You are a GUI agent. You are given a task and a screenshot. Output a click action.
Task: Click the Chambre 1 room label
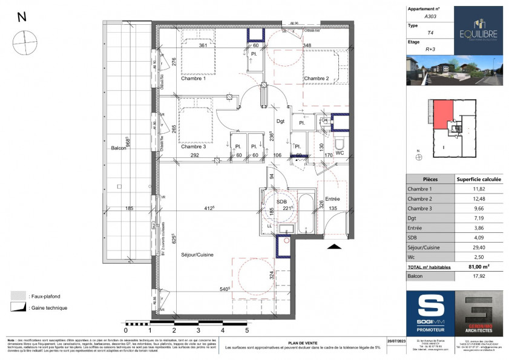[193, 79]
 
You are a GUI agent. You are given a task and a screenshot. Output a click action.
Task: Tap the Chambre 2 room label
[316, 79]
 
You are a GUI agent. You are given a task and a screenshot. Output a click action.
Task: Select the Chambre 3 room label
[193, 146]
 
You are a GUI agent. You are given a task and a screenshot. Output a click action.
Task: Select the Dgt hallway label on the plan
[280, 121]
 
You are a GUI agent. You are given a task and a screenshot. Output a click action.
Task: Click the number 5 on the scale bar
[246, 331]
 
